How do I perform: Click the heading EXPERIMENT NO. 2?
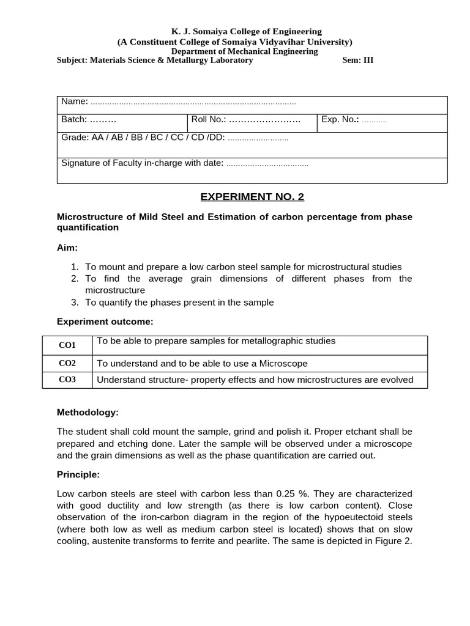pos(252,196)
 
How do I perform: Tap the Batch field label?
pos(74,119)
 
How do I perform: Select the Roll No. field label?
pos(209,119)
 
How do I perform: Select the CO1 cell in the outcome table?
pos(67,345)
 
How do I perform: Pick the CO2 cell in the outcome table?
pos(67,363)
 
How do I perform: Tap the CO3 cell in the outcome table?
pos(67,380)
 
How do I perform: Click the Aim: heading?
pos(67,248)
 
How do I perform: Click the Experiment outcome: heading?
pos(105,321)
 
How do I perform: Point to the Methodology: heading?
pos(88,413)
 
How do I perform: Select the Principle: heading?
pos(78,474)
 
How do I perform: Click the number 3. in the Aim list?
pos(75,302)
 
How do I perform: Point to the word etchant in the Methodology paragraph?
pos(360,432)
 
